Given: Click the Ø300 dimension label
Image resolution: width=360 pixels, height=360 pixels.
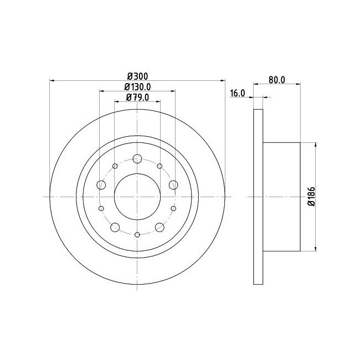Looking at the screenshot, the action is click(138, 76).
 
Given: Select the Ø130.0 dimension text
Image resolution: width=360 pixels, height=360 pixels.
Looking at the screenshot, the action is click(137, 87).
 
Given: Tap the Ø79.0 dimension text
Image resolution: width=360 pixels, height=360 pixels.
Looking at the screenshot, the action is click(137, 97).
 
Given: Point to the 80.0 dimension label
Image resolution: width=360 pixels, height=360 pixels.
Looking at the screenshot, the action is click(277, 80).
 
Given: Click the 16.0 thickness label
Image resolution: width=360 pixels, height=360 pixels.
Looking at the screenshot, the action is click(238, 94).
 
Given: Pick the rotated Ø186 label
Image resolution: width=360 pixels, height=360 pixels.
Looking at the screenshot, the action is click(312, 197).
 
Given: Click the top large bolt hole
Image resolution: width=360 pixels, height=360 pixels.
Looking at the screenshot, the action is click(137, 158).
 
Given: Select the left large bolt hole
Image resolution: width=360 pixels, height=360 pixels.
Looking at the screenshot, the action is click(101, 185).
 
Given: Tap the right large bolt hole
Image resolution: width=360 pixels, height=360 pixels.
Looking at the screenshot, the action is click(173, 185).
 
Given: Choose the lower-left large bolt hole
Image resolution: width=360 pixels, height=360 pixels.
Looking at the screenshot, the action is click(115, 227).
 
